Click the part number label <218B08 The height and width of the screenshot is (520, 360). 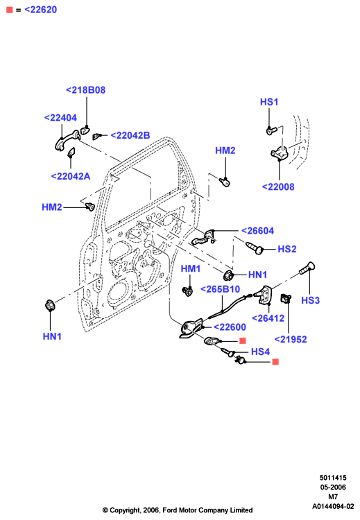pos(85,90)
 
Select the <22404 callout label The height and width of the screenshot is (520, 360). pos(60,118)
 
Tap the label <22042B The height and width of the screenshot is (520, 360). pos(130,135)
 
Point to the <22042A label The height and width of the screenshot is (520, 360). pos(71,176)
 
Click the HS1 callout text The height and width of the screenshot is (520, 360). pos(269,102)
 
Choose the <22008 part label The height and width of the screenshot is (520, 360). pos(278,187)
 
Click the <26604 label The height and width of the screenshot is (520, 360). pos(257,231)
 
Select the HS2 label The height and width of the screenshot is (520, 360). pos(287,249)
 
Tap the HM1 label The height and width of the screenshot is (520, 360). pos(191,268)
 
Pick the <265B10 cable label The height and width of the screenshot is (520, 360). pos(220,289)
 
